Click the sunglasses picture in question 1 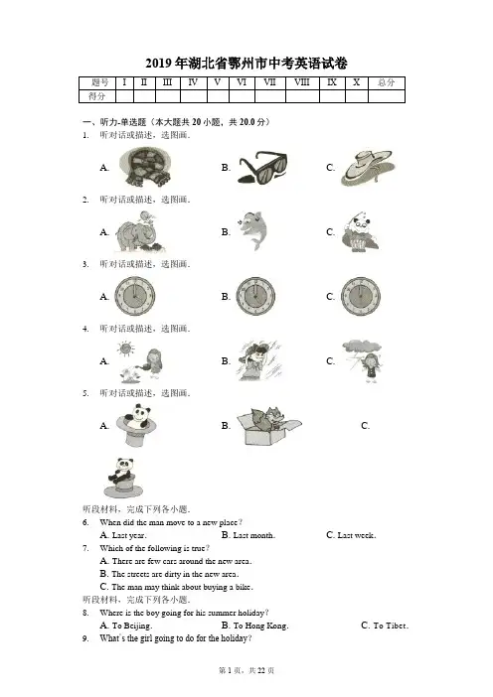262,167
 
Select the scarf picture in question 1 145,167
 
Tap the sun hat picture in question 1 366,168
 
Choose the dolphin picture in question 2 253,230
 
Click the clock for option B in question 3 255,297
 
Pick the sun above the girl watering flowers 125,348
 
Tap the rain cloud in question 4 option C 361,347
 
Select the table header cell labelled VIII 302,82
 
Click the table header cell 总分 387,82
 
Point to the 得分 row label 97,96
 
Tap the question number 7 85,548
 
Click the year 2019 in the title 158,64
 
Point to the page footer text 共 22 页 261,670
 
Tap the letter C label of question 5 365,426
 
